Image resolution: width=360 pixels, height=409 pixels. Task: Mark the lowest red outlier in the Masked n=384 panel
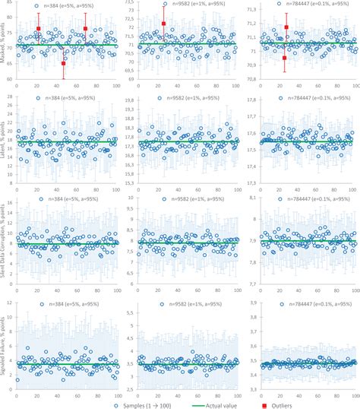(63, 63)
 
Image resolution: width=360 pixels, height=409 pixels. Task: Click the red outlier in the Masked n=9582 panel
(163, 24)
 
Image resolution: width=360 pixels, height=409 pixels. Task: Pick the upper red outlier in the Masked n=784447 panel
(286, 27)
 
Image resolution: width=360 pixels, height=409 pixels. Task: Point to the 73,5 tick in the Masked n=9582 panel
(128, 2)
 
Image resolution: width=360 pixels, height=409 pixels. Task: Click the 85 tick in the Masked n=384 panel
(9, 2)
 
